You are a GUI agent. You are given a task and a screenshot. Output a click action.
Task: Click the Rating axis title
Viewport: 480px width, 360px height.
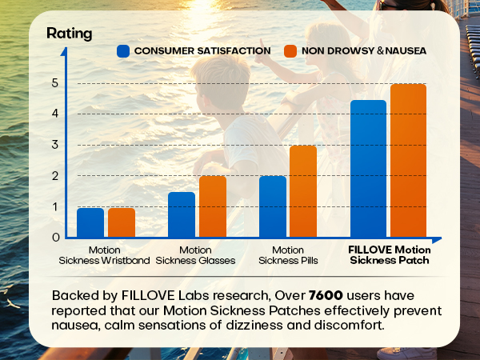coord(69,34)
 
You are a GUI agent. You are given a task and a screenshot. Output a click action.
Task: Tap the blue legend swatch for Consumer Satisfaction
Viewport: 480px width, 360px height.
coord(123,50)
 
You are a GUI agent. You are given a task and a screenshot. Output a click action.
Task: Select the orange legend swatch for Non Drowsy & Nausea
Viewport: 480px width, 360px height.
coord(290,50)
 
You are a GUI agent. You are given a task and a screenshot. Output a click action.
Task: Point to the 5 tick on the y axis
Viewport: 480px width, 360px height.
coord(55,82)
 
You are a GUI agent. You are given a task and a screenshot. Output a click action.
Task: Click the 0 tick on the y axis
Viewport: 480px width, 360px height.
coord(55,237)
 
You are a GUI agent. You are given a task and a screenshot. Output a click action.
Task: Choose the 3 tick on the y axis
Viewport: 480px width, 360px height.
coord(55,144)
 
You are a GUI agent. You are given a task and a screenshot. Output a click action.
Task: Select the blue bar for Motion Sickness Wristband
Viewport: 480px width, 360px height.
coord(90,222)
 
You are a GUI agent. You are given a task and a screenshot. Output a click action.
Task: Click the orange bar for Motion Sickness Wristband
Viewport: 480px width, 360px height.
coord(122,222)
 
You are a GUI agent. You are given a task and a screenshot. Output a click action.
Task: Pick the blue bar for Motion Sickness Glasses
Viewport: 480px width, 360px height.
coord(182,214)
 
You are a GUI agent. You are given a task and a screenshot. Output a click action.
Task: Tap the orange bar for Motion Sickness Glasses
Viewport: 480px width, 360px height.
coord(212,206)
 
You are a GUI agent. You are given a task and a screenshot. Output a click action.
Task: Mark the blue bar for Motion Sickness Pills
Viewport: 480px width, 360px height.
coord(273,206)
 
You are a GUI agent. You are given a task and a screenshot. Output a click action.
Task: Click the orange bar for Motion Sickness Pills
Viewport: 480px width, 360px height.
coord(303,191)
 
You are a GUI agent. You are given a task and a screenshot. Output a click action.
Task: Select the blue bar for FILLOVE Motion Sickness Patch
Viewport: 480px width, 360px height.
coord(369,169)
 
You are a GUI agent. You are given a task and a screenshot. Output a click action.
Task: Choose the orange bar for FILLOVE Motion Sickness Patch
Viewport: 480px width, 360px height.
coord(407,161)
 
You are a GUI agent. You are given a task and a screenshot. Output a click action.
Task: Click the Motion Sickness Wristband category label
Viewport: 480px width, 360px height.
coord(105,255)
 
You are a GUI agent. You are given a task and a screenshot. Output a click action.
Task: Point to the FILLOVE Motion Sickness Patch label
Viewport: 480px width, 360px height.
coord(390,255)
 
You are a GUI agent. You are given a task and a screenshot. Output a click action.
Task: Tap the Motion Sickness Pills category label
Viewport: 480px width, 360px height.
coord(287,255)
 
